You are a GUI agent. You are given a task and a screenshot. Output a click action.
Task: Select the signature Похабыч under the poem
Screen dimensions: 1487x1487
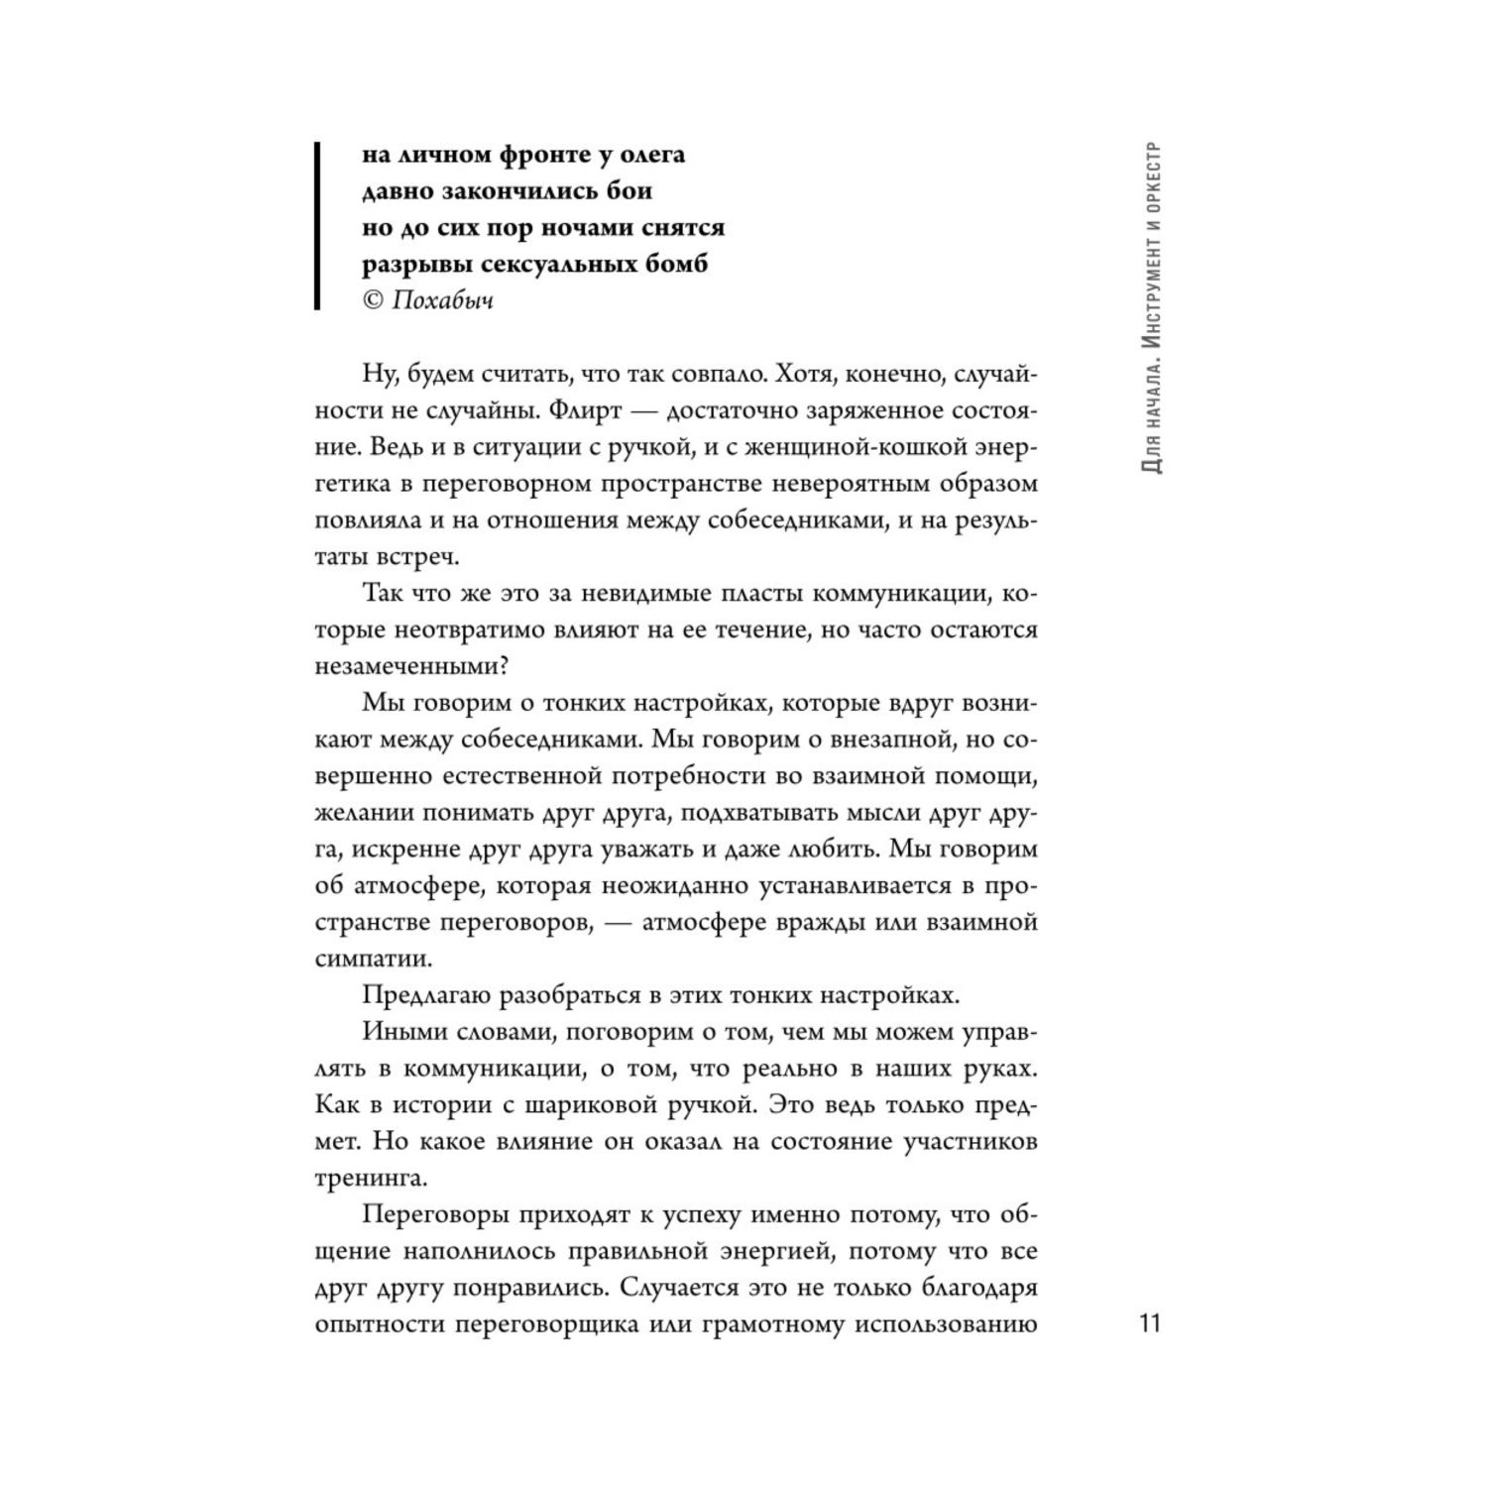click(442, 300)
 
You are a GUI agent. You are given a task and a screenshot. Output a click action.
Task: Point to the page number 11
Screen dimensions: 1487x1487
click(1149, 1324)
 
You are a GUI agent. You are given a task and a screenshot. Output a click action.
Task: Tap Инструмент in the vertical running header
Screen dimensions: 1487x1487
click(1151, 306)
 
